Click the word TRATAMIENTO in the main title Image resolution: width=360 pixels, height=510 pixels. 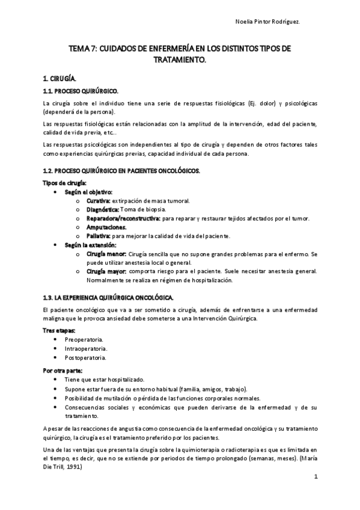[179, 60]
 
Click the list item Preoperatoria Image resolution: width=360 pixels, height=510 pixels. [84, 340]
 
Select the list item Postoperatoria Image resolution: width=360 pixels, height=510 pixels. [85, 358]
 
